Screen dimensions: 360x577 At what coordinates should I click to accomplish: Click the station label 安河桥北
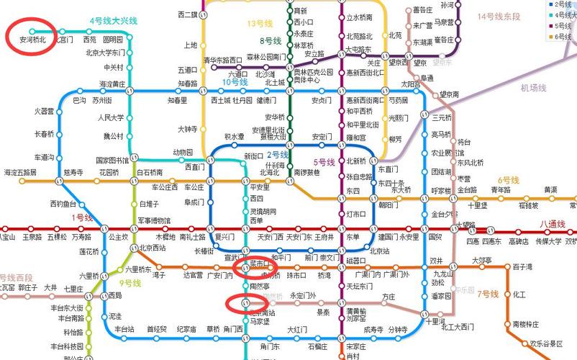click(x=32, y=40)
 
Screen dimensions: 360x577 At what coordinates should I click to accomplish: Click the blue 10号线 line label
click(x=235, y=82)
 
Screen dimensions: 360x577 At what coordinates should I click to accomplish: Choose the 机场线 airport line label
click(x=534, y=88)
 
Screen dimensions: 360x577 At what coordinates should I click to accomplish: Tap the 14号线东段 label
click(x=499, y=16)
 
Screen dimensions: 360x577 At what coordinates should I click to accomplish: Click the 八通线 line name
click(x=552, y=224)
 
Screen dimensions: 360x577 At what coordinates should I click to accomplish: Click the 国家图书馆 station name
click(x=112, y=160)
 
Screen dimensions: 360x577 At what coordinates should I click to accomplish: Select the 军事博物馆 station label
click(x=154, y=220)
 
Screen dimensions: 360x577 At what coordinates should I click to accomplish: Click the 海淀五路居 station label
click(x=20, y=173)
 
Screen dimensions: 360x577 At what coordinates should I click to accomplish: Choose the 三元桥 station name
click(x=441, y=117)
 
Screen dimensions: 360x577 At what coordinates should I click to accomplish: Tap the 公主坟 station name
click(x=118, y=236)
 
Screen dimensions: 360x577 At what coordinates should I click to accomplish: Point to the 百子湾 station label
click(x=522, y=267)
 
